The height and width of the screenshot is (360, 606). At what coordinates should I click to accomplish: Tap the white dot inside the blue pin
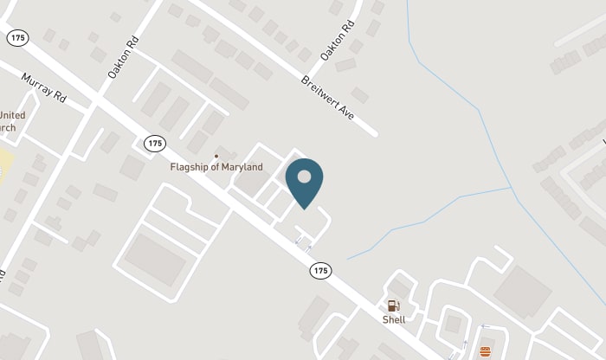pyautogui.click(x=304, y=177)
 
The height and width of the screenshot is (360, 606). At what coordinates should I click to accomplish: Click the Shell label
pyautogui.click(x=394, y=319)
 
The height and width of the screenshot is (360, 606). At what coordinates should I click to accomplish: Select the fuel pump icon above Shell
pyautogui.click(x=394, y=305)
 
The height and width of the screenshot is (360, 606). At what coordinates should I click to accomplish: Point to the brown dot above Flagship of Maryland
pyautogui.click(x=216, y=156)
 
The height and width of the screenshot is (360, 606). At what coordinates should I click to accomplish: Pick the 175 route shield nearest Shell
pyautogui.click(x=321, y=271)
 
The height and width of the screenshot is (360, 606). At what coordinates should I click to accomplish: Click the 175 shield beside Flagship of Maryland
pyautogui.click(x=156, y=143)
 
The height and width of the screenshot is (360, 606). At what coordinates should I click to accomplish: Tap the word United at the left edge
pyautogui.click(x=12, y=115)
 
